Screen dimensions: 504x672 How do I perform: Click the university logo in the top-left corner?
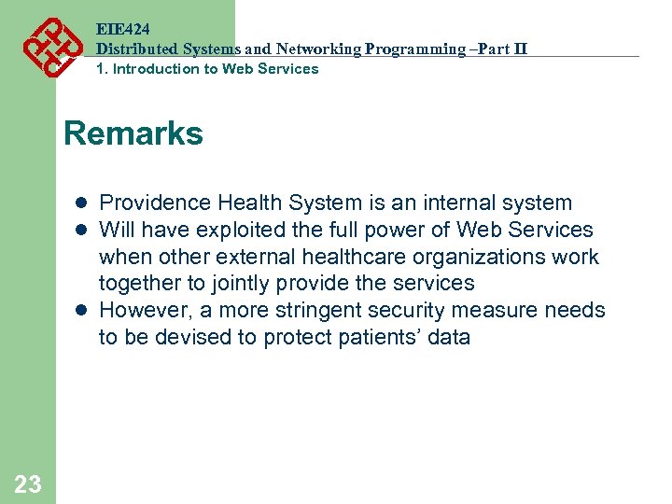[x=50, y=46]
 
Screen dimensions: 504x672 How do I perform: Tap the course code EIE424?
[x=122, y=30]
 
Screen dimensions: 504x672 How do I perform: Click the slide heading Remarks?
[x=133, y=134]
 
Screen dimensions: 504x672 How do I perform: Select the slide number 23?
[x=28, y=483]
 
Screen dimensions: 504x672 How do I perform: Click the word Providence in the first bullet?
[x=155, y=203]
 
